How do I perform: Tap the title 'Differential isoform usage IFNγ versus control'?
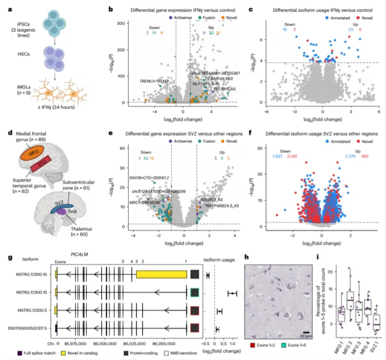pyautogui.click(x=316, y=10)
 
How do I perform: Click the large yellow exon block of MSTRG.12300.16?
pyautogui.click(x=161, y=275)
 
